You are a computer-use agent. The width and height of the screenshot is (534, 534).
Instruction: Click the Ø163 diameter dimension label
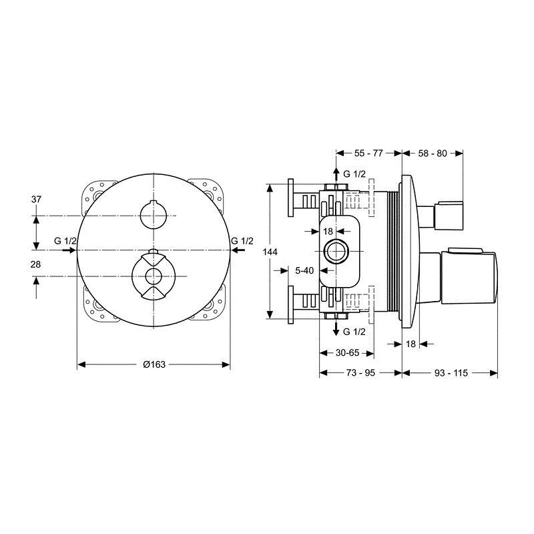[x=154, y=364]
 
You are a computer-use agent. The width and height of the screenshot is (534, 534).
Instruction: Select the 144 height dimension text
[x=270, y=252]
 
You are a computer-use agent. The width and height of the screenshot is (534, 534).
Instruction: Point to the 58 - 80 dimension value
[x=433, y=154]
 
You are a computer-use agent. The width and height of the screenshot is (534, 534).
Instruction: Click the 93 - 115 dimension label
[x=451, y=373]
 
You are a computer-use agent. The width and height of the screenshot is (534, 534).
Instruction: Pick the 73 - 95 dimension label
[x=360, y=373]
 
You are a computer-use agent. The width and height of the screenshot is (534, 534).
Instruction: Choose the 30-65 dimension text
[x=347, y=353]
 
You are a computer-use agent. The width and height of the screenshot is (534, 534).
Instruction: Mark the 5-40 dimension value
[x=304, y=270]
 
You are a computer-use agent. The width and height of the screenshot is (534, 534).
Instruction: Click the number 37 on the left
[x=36, y=199]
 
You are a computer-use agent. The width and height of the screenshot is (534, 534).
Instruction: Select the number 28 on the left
[x=35, y=264]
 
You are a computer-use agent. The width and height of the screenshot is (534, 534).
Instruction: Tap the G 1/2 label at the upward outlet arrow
[x=354, y=174]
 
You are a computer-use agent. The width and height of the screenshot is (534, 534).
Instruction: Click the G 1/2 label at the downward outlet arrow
[x=354, y=332]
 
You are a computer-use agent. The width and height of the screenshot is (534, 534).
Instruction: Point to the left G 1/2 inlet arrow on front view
[x=69, y=250]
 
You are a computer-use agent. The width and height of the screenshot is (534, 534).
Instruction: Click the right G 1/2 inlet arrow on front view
[x=238, y=250]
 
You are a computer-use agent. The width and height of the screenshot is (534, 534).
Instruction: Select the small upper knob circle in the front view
[x=154, y=215]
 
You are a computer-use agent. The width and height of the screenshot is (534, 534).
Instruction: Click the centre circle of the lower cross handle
[x=154, y=276]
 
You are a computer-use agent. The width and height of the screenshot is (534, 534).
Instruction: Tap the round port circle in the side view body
[x=336, y=252]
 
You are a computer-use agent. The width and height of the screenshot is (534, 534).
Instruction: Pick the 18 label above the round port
[x=328, y=232]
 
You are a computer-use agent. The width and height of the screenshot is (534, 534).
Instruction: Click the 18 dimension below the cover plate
[x=411, y=344]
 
